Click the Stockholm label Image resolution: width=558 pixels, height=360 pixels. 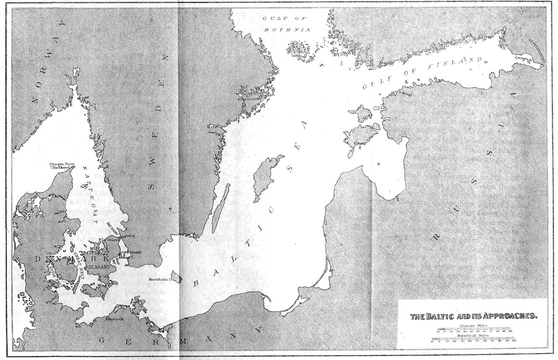249,98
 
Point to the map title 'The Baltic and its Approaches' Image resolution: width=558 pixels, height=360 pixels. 474,316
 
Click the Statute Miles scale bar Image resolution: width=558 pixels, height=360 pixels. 474,331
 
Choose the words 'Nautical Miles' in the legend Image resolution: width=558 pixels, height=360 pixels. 474,336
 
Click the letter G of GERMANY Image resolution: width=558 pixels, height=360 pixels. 101,340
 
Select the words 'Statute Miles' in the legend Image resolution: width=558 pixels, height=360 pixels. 474,326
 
